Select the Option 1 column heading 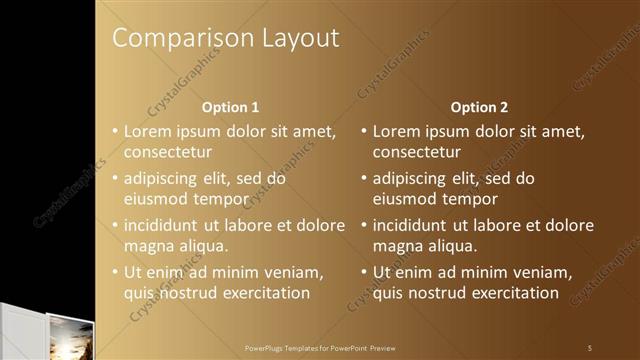tap(230, 107)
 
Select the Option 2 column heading tap(479, 107)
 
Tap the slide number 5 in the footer tap(590, 347)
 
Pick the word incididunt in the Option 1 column tap(163, 225)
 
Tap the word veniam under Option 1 tap(289, 272)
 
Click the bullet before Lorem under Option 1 tap(115, 131)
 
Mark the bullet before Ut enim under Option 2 tap(364, 272)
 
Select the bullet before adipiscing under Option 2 tap(364, 178)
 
